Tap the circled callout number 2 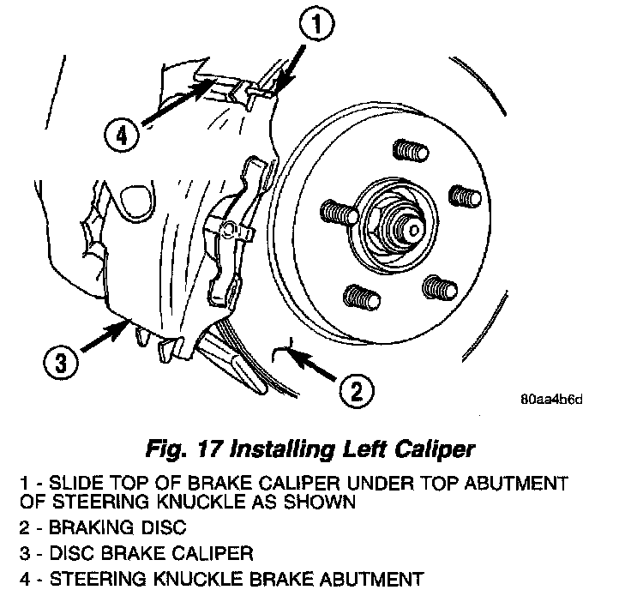(x=355, y=392)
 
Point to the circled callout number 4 (x=123, y=135)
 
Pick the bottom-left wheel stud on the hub (x=358, y=298)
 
